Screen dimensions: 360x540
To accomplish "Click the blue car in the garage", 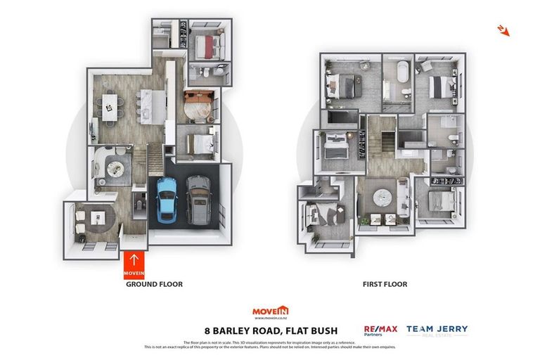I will (167, 199).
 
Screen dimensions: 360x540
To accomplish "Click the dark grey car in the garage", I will (198, 199).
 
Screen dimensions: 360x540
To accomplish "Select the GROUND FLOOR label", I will (154, 285).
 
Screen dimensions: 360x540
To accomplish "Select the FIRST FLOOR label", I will (385, 285).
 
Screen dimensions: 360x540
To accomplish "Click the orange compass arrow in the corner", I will (503, 30).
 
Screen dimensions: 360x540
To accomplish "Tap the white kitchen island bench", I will (148, 105).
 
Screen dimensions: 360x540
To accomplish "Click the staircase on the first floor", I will (380, 138).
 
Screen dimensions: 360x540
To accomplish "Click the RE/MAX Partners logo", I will (380, 331).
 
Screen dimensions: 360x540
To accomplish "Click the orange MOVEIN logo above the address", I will (271, 310).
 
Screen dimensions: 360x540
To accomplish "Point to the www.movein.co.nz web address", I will (271, 319).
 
